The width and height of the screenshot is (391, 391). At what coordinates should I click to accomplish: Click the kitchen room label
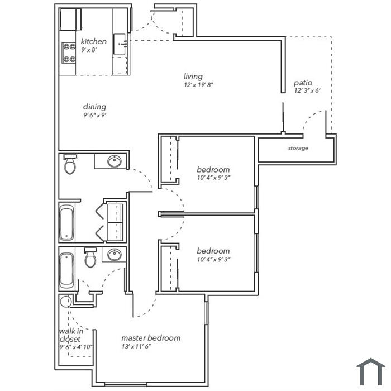point(94,41)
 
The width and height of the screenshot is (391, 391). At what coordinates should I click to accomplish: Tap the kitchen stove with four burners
point(69,53)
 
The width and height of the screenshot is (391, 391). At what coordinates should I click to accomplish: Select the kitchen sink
point(120,44)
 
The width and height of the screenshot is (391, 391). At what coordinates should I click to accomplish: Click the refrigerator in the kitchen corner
point(71,20)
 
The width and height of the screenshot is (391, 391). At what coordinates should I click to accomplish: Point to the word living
point(193,77)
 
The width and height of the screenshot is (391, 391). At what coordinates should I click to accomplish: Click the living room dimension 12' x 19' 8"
point(199,85)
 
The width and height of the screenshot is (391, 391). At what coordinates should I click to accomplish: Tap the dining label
point(94,107)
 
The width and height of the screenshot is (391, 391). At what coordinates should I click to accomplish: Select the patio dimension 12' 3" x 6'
point(307,90)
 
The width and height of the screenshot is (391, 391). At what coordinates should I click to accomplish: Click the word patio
point(303,83)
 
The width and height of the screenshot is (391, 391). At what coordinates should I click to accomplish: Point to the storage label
point(298,149)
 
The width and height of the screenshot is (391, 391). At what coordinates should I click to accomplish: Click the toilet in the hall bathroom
point(70,164)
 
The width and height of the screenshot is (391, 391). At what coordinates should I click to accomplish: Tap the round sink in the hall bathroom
point(115,161)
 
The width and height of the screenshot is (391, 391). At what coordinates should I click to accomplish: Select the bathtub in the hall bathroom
point(66,222)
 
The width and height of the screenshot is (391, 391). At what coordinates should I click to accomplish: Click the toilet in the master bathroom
point(90,258)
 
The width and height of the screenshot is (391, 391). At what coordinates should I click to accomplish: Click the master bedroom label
point(151,338)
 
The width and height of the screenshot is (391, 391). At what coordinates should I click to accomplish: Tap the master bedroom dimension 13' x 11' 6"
point(136,346)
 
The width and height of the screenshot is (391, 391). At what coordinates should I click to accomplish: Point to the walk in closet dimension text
point(76,347)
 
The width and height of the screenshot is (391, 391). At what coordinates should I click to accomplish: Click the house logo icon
point(371,371)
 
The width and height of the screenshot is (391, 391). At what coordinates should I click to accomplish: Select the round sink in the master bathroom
point(115,255)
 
